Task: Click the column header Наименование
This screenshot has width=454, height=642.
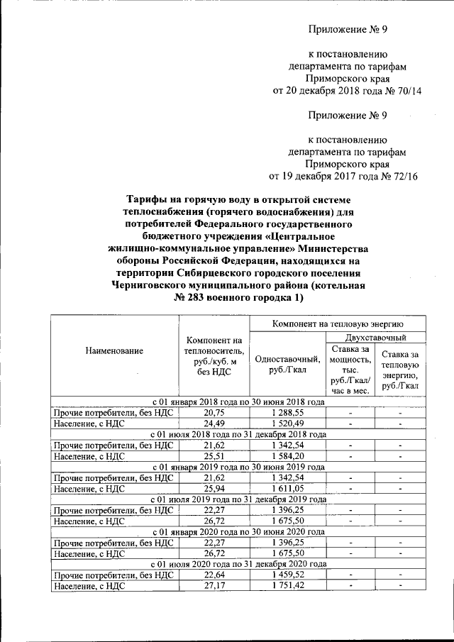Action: click(x=114, y=350)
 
